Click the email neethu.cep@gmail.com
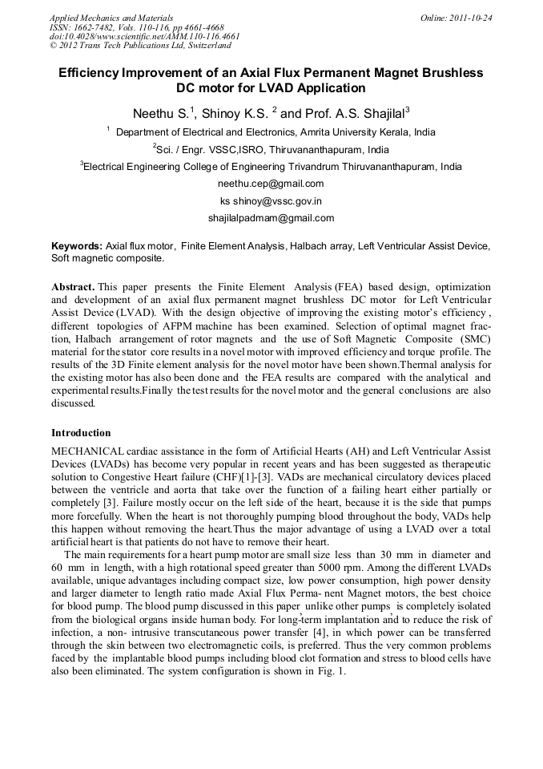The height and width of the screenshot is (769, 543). (x=271, y=184)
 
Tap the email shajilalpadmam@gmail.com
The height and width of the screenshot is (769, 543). (x=271, y=218)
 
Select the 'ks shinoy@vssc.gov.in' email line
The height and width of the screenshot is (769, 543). (x=271, y=201)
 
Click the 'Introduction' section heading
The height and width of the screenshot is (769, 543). (x=81, y=433)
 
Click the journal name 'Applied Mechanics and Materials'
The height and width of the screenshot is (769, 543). (x=111, y=17)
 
